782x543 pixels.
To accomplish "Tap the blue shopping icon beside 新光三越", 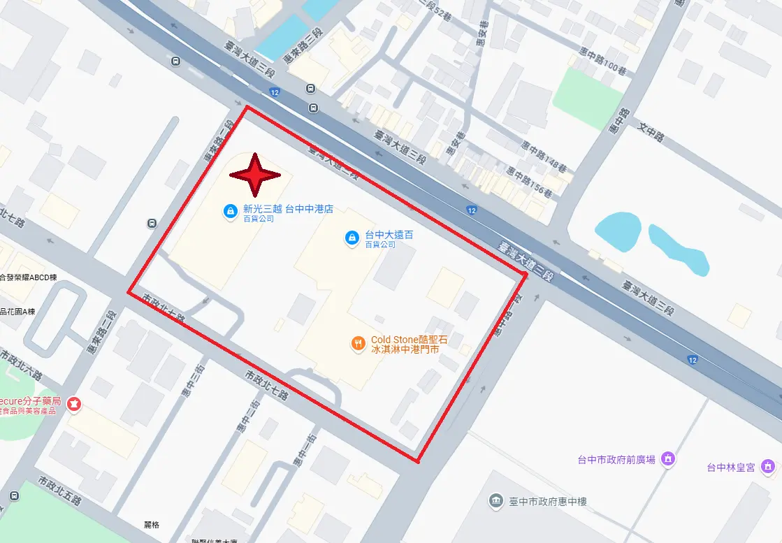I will coord(229,210).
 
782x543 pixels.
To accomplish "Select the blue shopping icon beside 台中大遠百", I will coord(352,238).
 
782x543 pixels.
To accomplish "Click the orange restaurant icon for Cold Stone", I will coord(358,343).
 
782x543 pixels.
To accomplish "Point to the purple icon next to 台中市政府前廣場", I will coord(667,458).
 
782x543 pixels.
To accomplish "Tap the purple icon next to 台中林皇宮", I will coord(768,465).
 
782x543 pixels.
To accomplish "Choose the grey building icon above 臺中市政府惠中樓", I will coord(495,500).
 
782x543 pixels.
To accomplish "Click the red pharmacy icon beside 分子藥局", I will coord(73,403).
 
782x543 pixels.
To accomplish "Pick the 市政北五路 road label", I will coord(59,492).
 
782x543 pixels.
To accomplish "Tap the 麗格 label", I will coord(152,525).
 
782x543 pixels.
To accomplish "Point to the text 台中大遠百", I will coord(389,235).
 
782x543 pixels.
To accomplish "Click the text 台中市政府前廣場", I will coord(616,459).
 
